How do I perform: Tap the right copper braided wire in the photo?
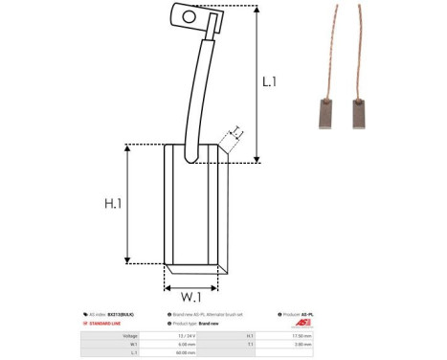pos(365,48)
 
